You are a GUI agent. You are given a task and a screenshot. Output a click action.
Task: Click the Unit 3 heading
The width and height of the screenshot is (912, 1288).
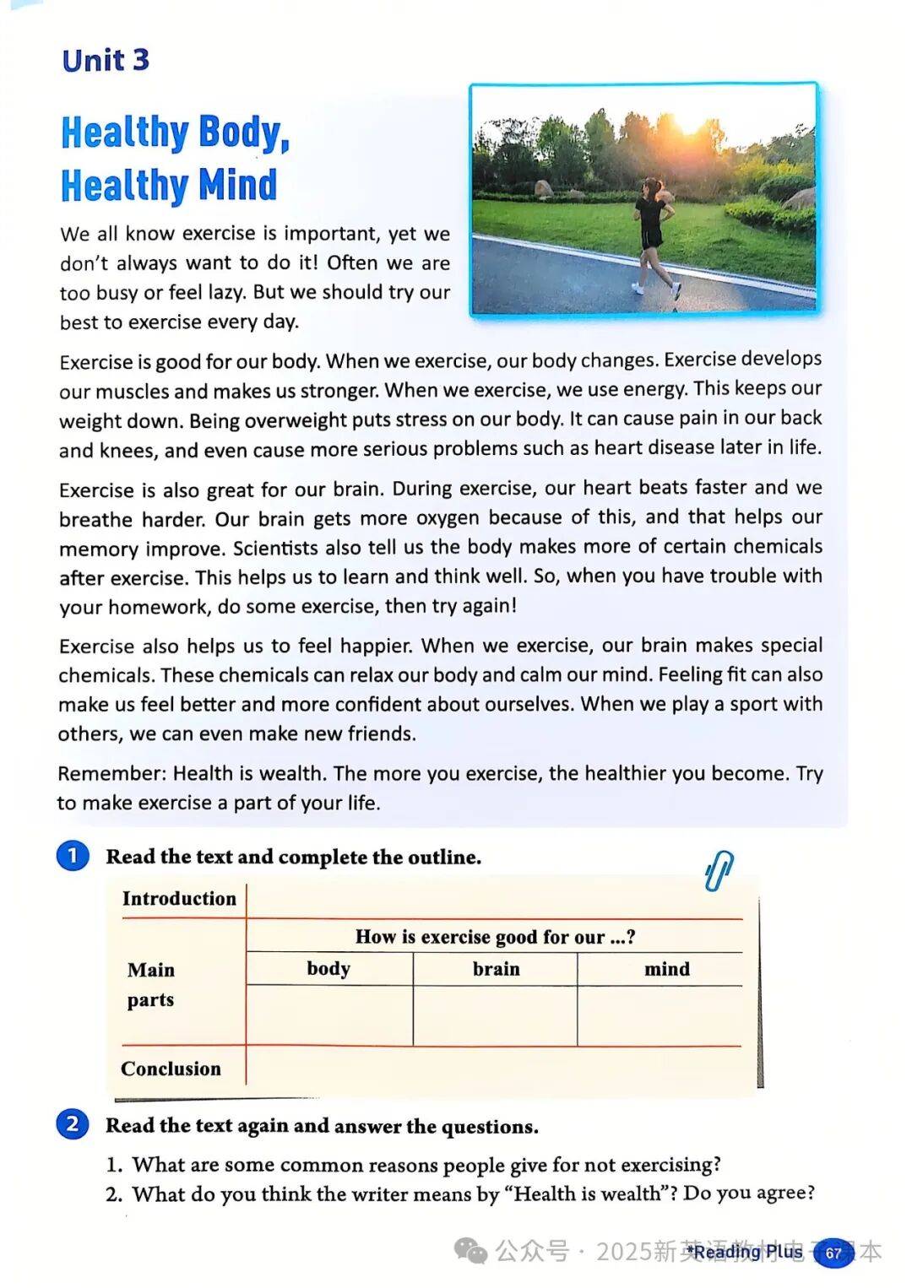coord(106,60)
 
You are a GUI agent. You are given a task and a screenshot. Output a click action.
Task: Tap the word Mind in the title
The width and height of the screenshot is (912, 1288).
coord(238,185)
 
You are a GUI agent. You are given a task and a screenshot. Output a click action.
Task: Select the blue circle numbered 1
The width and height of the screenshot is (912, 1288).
coord(73,856)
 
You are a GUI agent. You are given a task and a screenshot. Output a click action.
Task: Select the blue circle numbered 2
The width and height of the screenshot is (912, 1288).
coord(73,1124)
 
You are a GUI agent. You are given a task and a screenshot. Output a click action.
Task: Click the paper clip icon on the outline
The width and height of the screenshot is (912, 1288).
coord(719,871)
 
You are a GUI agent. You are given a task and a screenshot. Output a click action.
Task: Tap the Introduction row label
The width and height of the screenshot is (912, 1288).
coord(179,898)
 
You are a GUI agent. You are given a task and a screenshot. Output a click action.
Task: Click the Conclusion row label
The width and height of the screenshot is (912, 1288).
coord(171,1069)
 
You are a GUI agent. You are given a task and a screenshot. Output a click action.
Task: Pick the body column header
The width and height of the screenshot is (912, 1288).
coord(328,968)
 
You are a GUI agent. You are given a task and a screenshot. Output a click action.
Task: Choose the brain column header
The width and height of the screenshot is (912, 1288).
coord(496,969)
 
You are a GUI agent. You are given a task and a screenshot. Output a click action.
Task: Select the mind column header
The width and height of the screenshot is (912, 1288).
coord(666,969)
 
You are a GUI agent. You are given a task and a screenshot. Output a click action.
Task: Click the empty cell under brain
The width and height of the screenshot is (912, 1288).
coord(496,1015)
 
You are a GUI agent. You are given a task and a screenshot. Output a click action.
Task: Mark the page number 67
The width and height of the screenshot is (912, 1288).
coord(833,1253)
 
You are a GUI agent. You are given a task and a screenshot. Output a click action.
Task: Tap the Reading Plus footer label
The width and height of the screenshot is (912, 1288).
coord(744,1252)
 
